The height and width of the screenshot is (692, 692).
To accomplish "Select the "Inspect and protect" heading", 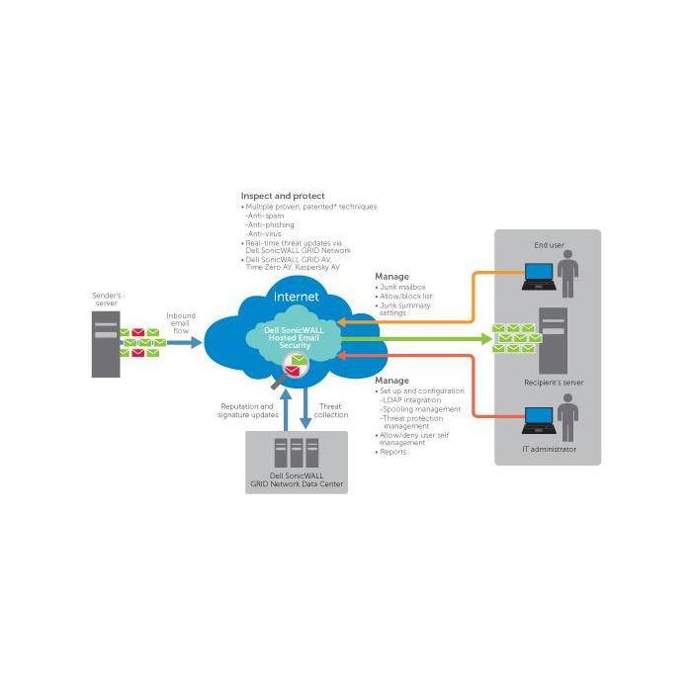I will (282, 196).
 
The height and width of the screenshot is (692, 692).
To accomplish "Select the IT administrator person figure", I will (567, 417).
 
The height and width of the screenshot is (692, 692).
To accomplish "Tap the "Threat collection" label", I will (331, 409).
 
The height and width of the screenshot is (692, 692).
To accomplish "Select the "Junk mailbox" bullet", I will (402, 288).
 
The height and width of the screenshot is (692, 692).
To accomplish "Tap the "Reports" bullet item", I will (393, 452).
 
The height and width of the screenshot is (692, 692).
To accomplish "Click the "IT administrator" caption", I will (548, 450).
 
